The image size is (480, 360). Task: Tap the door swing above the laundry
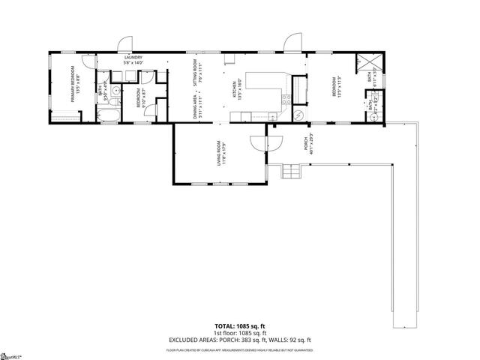click(x=124, y=43)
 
